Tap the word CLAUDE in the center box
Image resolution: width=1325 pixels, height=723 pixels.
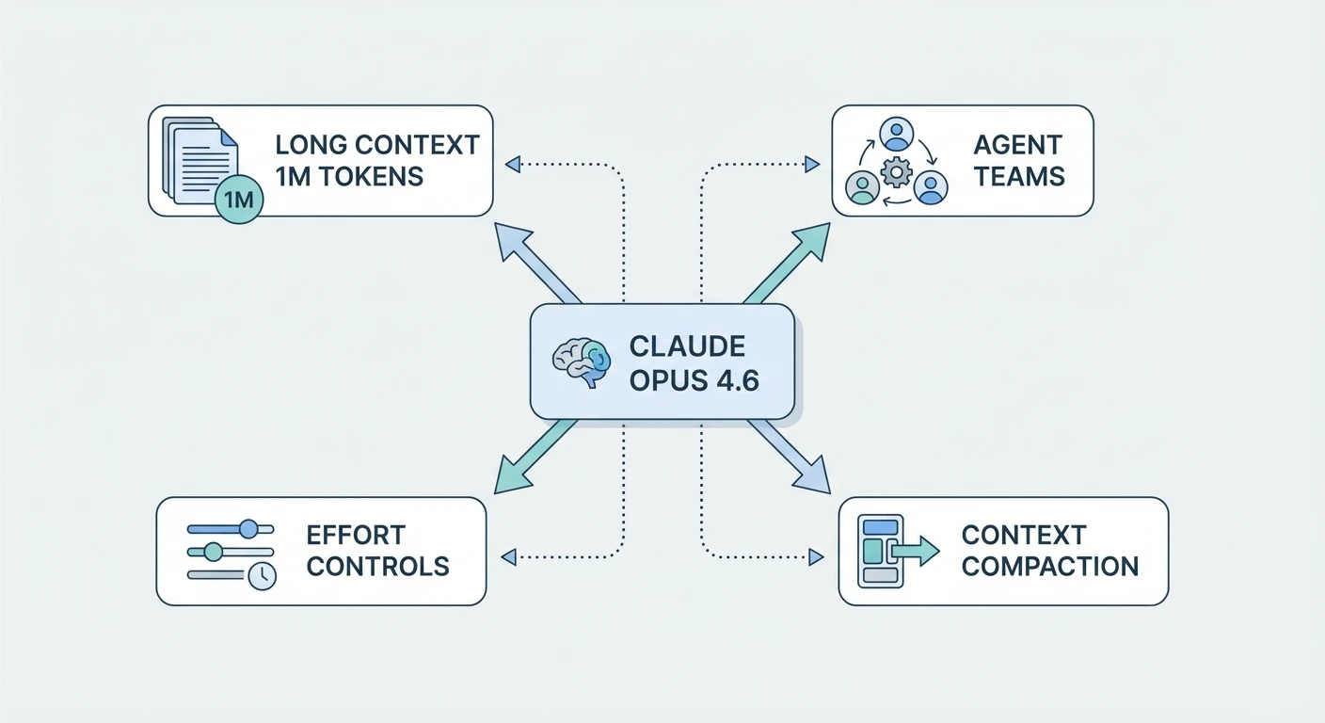(x=687, y=345)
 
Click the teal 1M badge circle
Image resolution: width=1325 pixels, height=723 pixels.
(x=240, y=200)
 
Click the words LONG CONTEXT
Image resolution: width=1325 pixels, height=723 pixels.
(x=377, y=145)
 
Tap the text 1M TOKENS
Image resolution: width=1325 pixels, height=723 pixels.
(x=349, y=176)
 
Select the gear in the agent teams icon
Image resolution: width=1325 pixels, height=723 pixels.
(x=896, y=172)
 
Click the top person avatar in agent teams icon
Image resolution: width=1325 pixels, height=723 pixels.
(x=897, y=134)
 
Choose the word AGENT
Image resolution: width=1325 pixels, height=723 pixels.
(x=1018, y=145)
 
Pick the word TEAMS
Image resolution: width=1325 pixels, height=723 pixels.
(x=1019, y=176)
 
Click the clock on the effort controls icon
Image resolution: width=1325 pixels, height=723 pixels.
(x=263, y=575)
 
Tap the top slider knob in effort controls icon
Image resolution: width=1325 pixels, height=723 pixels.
(x=248, y=528)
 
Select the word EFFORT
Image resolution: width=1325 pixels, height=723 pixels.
(x=356, y=535)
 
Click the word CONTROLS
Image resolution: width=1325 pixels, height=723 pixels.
(x=377, y=567)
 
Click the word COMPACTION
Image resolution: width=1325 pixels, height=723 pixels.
(x=1049, y=567)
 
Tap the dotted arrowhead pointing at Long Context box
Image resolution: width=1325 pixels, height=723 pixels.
(x=513, y=165)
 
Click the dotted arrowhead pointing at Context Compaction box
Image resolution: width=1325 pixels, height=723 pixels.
(x=815, y=557)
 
